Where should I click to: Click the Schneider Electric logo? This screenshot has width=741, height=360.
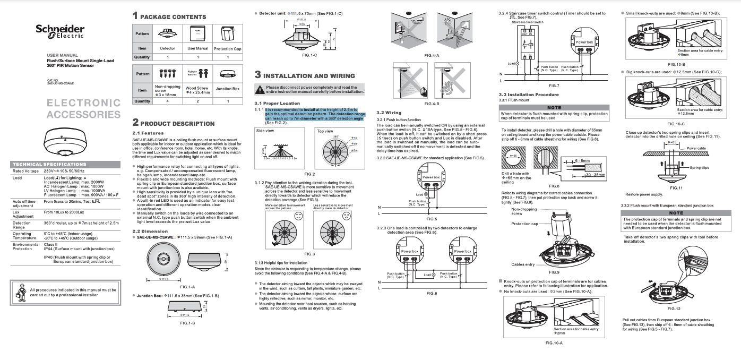(60, 31)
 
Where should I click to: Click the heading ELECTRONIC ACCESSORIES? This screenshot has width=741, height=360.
(83, 108)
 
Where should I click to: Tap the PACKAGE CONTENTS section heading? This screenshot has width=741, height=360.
(173, 16)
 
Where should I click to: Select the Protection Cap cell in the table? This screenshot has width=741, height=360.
(227, 48)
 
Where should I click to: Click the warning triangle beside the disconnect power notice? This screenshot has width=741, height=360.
(260, 89)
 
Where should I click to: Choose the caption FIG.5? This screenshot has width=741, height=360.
(432, 219)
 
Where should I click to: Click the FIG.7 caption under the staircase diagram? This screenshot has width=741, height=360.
(554, 85)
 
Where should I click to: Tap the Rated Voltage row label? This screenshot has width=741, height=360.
(25, 171)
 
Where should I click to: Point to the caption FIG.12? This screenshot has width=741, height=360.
(674, 308)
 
